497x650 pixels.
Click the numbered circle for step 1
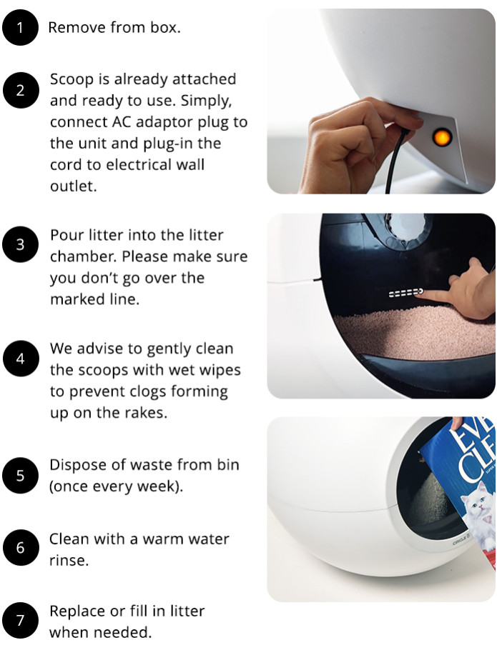pyautogui.click(x=19, y=28)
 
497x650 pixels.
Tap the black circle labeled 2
pyautogui.click(x=19, y=90)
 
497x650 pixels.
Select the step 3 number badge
pyautogui.click(x=19, y=244)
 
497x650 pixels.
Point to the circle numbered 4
pyautogui.click(x=19, y=359)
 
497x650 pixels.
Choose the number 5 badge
pyautogui.click(x=19, y=475)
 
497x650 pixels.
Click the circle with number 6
pyautogui.click(x=19, y=548)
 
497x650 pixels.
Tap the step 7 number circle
pyautogui.click(x=19, y=621)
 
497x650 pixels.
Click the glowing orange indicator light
pyautogui.click(x=442, y=135)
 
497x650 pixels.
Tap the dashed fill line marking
pyautogui.click(x=404, y=292)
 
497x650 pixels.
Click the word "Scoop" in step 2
pyautogui.click(x=72, y=79)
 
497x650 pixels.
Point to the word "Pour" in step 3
pyautogui.click(x=66, y=235)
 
